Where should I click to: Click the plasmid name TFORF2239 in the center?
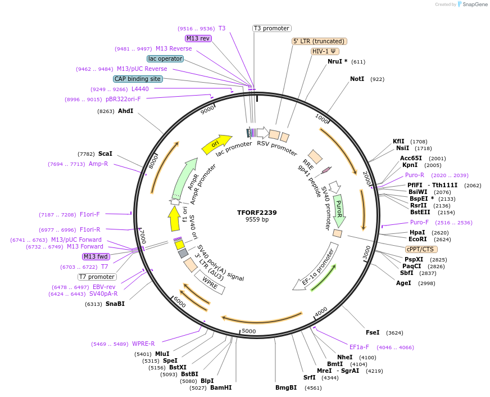(x=257, y=213)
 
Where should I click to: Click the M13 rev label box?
(x=198, y=38)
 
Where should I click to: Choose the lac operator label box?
(x=165, y=58)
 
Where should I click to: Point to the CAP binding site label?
(x=138, y=79)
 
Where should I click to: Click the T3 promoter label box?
(x=271, y=28)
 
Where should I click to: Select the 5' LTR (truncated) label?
(x=319, y=41)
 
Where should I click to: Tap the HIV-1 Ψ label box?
(x=324, y=51)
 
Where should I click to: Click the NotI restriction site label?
(x=357, y=79)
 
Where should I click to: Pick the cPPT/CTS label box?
(x=421, y=249)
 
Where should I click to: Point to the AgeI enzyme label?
(x=403, y=283)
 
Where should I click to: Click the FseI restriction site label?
(x=373, y=332)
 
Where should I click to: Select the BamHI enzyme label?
(x=221, y=387)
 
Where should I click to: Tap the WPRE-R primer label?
(x=143, y=344)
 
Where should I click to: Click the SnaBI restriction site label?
(x=115, y=304)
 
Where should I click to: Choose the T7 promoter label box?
(x=97, y=277)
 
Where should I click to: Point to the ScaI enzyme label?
(x=105, y=154)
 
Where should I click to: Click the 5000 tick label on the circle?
(x=248, y=331)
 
